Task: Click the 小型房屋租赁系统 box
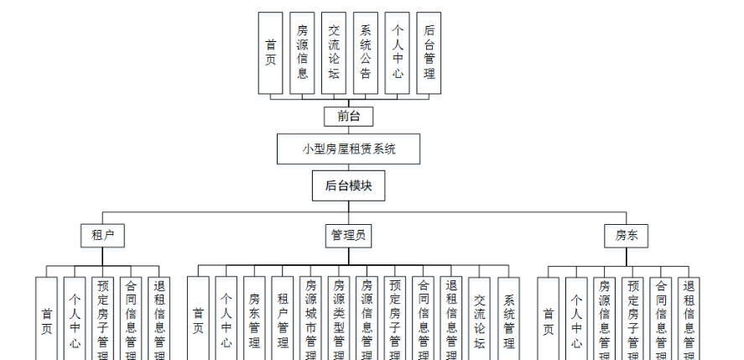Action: click(x=348, y=149)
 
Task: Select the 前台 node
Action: click(x=348, y=117)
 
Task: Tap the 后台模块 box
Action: click(x=348, y=186)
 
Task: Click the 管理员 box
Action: click(x=348, y=236)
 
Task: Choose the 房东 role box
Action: click(x=626, y=236)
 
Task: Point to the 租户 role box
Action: click(x=102, y=236)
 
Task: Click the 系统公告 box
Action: click(x=366, y=52)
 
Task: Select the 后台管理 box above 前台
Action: click(x=429, y=52)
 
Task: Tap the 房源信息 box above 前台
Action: click(x=302, y=52)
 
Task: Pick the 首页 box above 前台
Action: click(x=270, y=52)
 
